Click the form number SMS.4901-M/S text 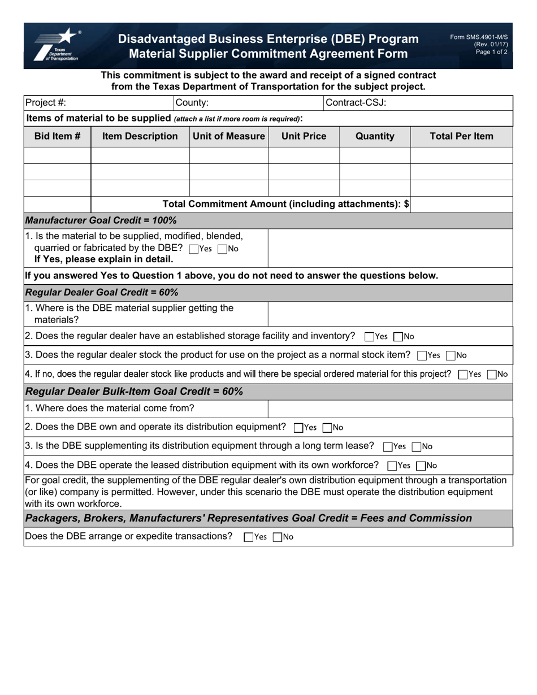479,37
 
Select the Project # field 119,103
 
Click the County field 266,103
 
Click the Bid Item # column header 57,136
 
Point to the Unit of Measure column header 228,136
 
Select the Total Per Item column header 461,136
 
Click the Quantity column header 375,136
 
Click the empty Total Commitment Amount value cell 461,204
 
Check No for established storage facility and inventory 398,337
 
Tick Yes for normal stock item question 421,356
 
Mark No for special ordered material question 491,374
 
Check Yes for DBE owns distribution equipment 299,428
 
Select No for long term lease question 417,447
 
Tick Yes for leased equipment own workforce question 392,466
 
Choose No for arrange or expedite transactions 277,537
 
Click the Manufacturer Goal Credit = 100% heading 102,220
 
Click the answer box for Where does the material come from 390,409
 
